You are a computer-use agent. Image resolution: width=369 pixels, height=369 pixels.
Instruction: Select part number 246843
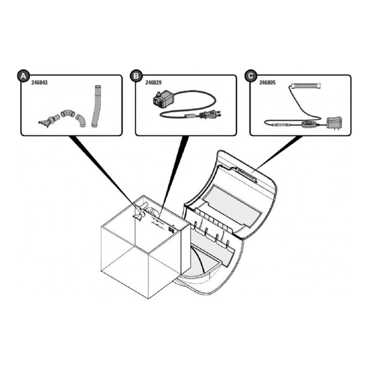click(40, 83)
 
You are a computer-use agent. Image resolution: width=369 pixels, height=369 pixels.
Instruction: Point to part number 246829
click(153, 83)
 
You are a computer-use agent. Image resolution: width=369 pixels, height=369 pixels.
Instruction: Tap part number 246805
click(267, 83)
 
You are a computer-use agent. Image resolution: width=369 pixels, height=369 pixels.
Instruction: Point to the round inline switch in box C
click(309, 124)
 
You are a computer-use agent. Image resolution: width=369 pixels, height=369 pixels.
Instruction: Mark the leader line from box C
click(278, 153)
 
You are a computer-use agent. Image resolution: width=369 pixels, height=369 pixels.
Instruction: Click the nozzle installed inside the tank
click(138, 215)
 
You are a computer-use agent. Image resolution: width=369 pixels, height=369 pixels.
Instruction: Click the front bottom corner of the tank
click(148, 299)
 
